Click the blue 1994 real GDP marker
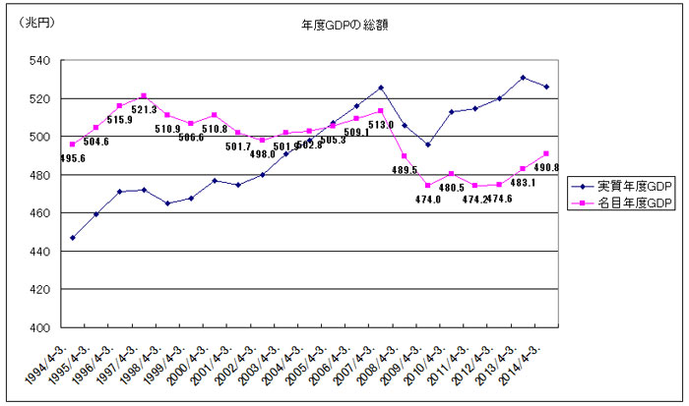point(72,238)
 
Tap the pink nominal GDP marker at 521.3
point(144,96)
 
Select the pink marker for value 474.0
point(427,186)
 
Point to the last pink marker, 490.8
point(546,153)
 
